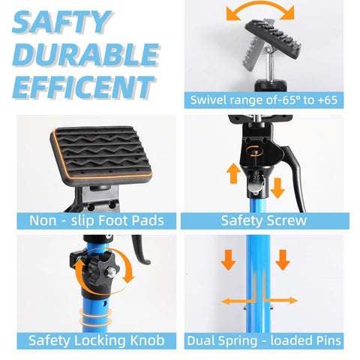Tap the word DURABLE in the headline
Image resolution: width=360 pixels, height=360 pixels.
coord(86,56)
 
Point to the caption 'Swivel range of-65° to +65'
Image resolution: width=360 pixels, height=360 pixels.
coord(267,100)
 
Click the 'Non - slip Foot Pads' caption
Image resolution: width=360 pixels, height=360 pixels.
coord(97,220)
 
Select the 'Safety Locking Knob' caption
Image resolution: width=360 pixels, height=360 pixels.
coord(97,340)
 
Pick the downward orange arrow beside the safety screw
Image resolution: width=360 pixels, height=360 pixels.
coord(277,187)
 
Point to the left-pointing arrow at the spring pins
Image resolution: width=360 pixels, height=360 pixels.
coord(232,301)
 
